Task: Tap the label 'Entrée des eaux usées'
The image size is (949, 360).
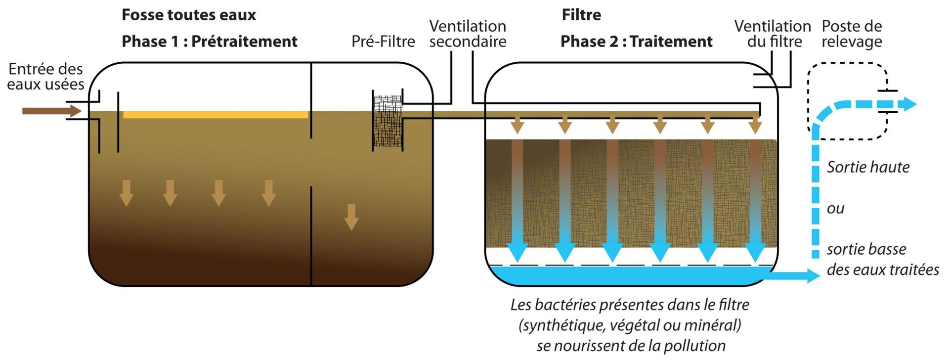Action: (x=45, y=77)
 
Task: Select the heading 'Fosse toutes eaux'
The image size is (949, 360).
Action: (x=189, y=15)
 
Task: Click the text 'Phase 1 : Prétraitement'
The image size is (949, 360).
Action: (x=210, y=42)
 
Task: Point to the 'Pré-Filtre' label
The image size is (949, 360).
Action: (x=383, y=42)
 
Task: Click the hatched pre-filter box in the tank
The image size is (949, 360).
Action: (x=387, y=120)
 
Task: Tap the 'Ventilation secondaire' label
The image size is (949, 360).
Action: (x=468, y=34)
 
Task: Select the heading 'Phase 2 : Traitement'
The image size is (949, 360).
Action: (x=637, y=42)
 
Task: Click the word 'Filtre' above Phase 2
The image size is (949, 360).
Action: (x=581, y=15)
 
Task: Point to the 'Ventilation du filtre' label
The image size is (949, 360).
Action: (x=773, y=34)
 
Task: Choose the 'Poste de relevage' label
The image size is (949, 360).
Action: (x=852, y=34)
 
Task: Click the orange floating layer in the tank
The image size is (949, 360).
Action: (x=216, y=115)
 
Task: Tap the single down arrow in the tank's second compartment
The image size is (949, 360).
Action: (x=351, y=217)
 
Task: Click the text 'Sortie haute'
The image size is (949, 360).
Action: (x=868, y=167)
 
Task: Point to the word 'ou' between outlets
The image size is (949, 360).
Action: (x=835, y=209)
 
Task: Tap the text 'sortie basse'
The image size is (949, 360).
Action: (x=866, y=249)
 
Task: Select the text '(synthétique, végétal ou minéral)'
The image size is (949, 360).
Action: (x=630, y=325)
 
